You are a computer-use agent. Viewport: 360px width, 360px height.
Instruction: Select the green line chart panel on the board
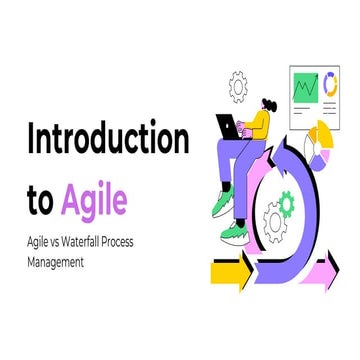click(305, 87)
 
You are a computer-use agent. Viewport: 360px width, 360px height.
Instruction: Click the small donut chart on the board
click(330, 86)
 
